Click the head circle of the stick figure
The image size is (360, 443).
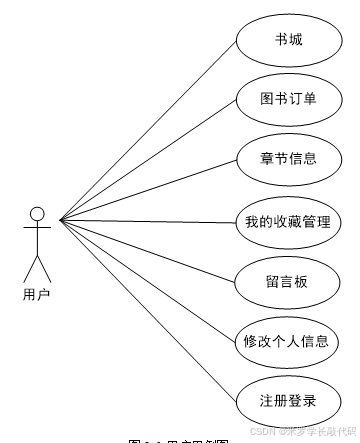pos(37,213)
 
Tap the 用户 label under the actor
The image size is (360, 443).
pos(36,294)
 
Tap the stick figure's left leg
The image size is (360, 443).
pos(30,266)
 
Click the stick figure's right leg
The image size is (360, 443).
pos(44,266)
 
